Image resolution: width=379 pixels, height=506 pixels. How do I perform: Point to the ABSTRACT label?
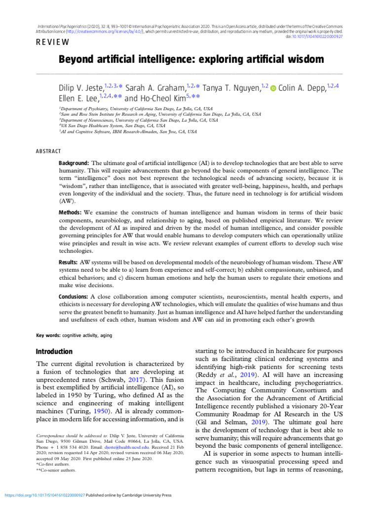coord(48,151)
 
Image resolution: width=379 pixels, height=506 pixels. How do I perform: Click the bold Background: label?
coord(74,163)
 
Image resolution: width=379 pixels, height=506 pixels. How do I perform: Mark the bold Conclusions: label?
coord(75,296)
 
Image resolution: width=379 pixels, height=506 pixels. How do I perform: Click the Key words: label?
coord(48,336)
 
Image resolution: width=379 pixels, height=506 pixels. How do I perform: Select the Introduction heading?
coord(54,352)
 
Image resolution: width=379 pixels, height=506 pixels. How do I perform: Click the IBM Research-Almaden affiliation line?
coord(128,132)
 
